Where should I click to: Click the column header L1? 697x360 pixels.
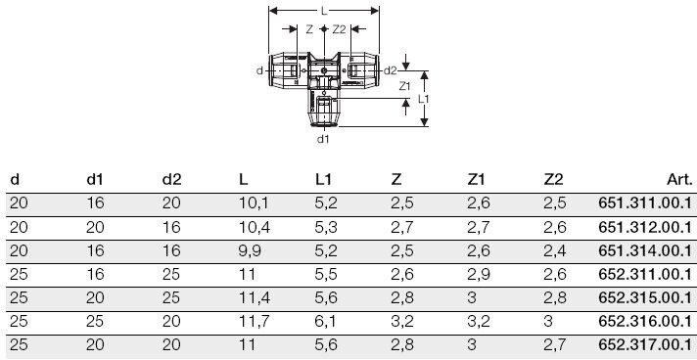coord(323,180)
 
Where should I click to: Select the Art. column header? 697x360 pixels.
coord(679,180)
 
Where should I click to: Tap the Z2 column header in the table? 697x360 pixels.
coord(553,180)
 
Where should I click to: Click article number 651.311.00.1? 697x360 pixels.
coord(645,203)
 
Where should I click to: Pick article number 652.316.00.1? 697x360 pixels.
coord(645,321)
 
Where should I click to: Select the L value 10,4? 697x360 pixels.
coord(255,228)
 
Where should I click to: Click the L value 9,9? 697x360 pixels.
coord(250,251)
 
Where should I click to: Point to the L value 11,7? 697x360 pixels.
coord(255,322)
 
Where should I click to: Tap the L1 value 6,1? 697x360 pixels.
coord(326,322)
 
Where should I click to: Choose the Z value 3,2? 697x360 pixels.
coord(402,322)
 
